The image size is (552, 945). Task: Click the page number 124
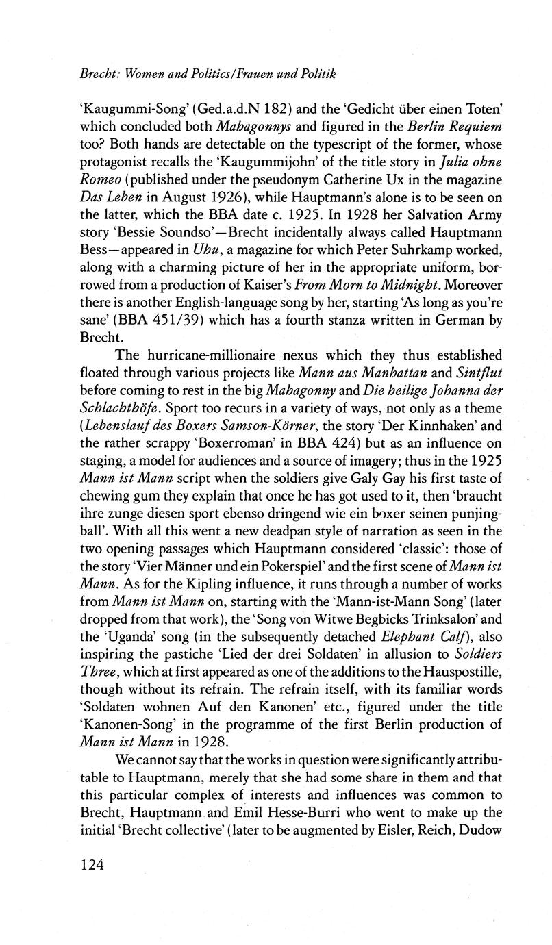92,865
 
